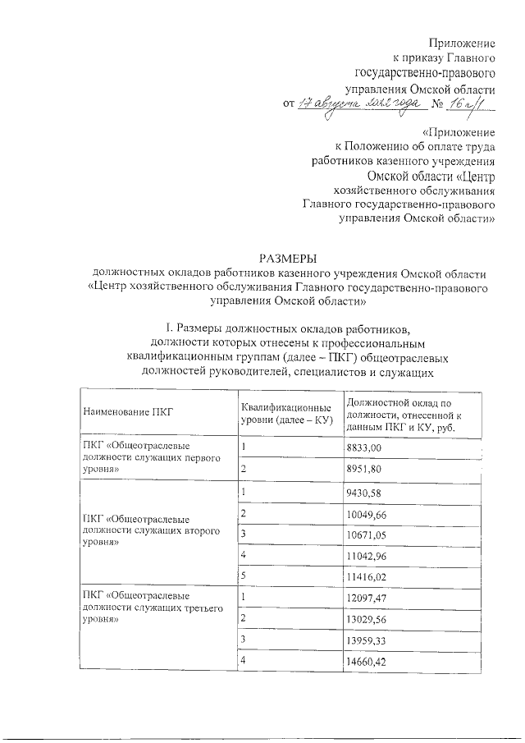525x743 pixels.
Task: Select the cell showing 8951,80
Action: [365, 469]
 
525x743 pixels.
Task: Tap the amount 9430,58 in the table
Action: [365, 493]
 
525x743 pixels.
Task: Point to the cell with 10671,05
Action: [367, 535]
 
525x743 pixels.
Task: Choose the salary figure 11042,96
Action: [367, 557]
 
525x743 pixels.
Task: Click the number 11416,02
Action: [367, 578]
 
